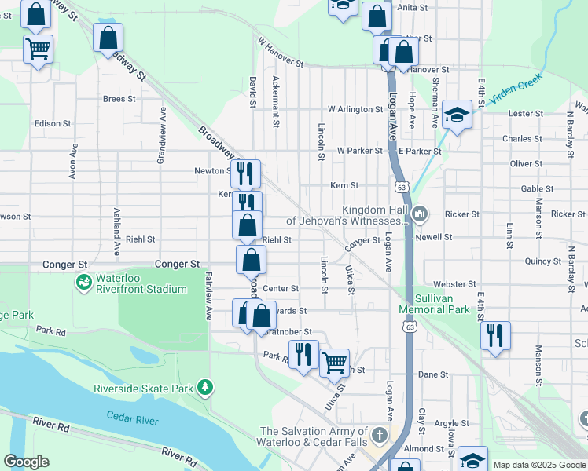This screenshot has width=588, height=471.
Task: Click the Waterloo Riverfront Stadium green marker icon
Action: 83,281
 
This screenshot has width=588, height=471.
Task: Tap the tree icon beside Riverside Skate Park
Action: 205,387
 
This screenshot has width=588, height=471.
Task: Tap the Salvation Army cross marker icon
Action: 379,434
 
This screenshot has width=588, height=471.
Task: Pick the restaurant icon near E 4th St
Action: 495,335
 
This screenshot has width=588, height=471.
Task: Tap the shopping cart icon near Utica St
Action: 334,362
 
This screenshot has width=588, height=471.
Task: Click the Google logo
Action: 26,462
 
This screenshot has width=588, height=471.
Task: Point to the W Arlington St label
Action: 355,109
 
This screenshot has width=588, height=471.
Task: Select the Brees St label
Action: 119,99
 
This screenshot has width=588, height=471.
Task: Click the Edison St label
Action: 53,124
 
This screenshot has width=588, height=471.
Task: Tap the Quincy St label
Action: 543,261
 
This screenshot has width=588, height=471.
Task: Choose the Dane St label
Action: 433,375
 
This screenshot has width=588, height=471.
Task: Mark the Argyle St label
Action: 451,423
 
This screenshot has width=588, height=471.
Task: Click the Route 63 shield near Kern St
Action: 402,188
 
